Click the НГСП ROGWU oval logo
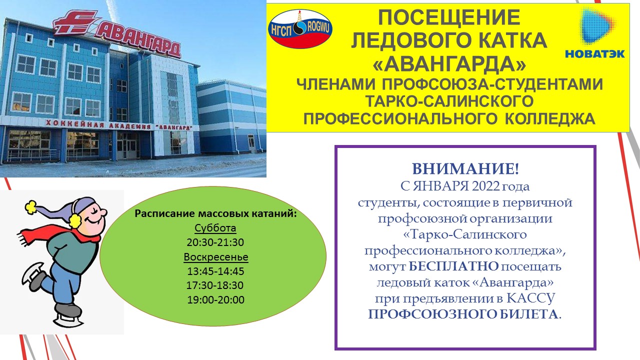tap(300, 28)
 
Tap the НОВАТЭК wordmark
tap(595, 53)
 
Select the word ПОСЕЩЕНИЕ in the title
tap(449, 17)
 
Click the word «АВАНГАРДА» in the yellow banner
tap(449, 63)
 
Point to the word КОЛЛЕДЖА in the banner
tap(550, 118)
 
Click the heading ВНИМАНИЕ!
tap(465, 168)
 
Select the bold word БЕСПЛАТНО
tap(453, 266)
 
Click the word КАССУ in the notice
tap(530, 298)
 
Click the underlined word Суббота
tap(215, 228)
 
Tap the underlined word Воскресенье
tap(215, 257)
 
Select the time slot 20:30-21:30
tap(215, 242)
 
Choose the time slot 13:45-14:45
tap(215, 271)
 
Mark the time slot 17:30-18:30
tap(215, 285)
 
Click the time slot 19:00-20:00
tap(215, 299)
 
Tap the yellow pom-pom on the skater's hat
tap(30, 206)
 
